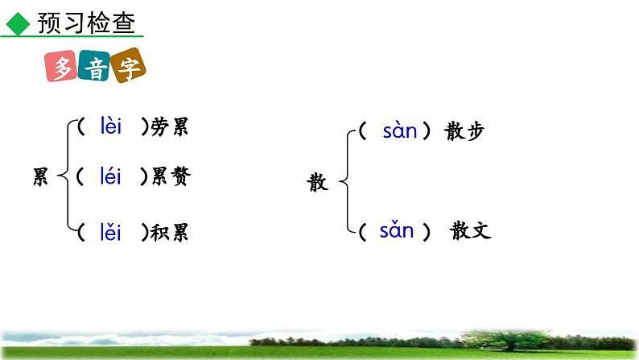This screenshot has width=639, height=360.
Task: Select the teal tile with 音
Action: pos(97,70)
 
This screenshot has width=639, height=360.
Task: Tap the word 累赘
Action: pos(171,176)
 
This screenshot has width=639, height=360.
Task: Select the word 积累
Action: pos(171,234)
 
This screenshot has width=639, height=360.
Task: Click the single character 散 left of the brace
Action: pos(317,183)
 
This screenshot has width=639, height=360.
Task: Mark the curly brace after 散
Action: pos(346,181)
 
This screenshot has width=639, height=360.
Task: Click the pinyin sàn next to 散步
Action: pos(400,130)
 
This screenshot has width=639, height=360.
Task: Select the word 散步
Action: pos(464,131)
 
